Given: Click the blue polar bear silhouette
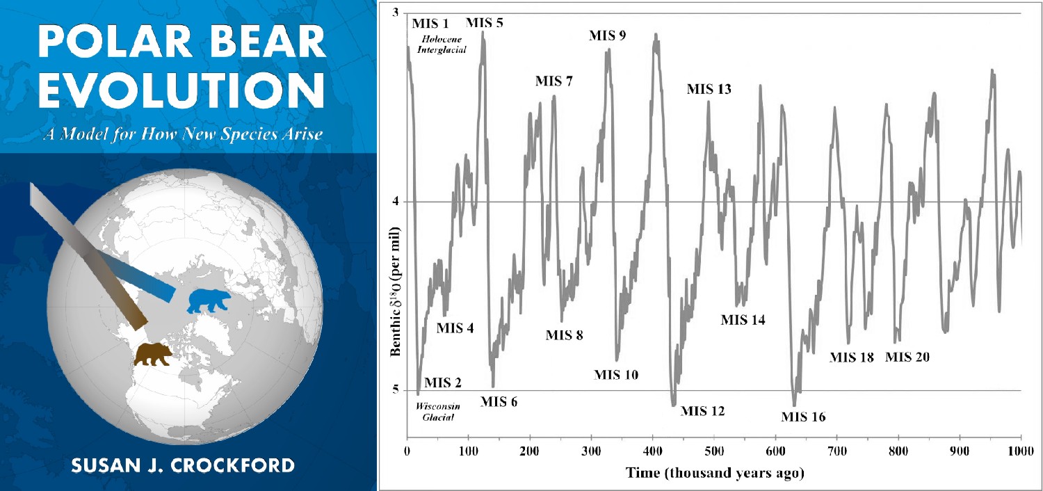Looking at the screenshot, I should click(x=209, y=300).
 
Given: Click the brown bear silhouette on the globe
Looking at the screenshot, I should click(x=154, y=354).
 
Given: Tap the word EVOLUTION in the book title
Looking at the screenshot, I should click(x=181, y=90).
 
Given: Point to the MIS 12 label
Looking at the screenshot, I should click(x=702, y=411).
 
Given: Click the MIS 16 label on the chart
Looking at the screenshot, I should click(x=803, y=417).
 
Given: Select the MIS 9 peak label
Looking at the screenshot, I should click(x=607, y=35).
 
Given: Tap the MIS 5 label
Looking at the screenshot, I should click(x=484, y=22).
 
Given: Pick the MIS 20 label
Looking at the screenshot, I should click(x=907, y=357).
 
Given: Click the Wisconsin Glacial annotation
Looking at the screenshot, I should click(x=435, y=412).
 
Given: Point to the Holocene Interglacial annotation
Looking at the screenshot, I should click(x=441, y=45).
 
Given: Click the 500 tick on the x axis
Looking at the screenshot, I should click(x=714, y=451).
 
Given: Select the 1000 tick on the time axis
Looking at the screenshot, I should click(x=1021, y=451).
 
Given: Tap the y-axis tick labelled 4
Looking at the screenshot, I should click(x=396, y=202).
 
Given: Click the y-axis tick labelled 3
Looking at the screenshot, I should click(x=396, y=13).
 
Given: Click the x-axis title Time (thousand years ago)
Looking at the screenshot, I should click(x=713, y=473).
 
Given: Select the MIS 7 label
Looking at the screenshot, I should click(x=554, y=81).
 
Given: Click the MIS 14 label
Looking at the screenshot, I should click(x=743, y=320).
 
